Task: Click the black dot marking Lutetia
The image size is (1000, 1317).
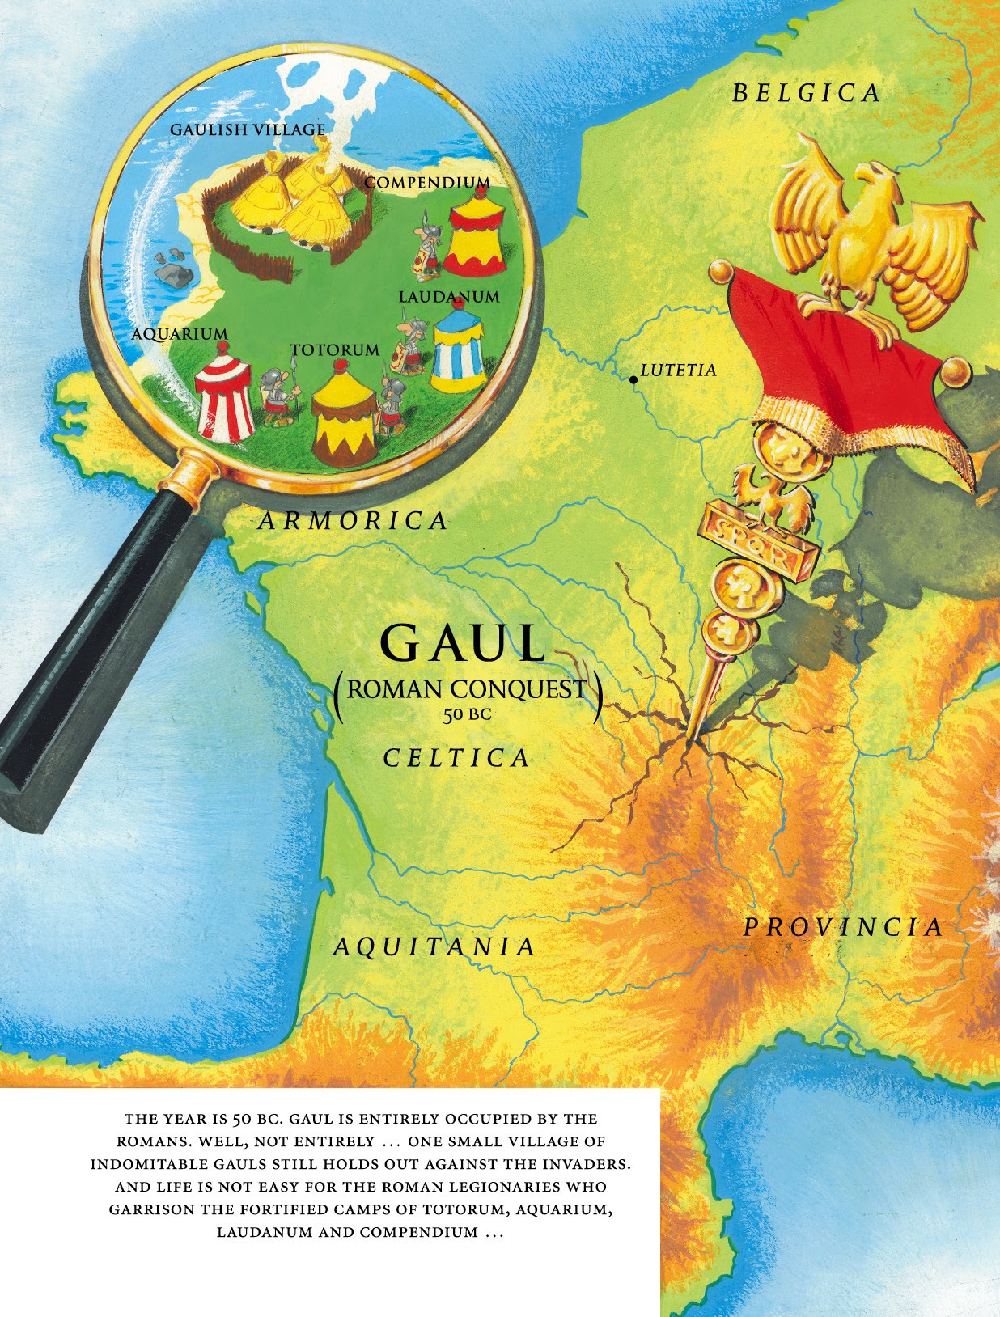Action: pos(633,379)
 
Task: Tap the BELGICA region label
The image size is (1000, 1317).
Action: pos(806,93)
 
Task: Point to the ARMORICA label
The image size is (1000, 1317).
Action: pos(353,520)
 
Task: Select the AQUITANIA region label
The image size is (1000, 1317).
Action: pos(434,946)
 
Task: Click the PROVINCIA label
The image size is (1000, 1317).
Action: pos(843,927)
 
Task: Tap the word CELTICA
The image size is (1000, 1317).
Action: pos(456,758)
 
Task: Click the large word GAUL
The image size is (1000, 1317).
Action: pos(464,644)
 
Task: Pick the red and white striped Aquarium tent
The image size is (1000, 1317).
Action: pos(224,392)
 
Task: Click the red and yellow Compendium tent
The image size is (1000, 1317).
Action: pos(477,233)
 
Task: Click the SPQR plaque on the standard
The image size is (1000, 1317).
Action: pos(758,541)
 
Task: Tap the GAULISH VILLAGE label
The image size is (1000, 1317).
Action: pos(248,129)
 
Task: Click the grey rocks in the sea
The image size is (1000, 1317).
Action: pos(173,269)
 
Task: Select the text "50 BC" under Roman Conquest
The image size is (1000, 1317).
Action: pos(467,714)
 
